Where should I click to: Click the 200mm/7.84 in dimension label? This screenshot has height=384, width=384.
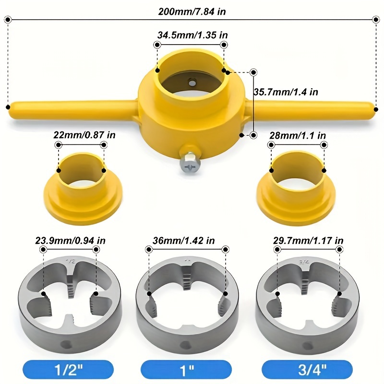[x=192, y=12]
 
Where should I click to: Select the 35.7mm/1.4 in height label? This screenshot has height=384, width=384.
[x=286, y=92]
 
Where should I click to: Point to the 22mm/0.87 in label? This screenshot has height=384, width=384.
[x=84, y=136]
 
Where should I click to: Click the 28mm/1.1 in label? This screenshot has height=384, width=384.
[x=298, y=136]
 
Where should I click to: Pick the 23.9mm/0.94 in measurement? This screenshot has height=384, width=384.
[x=71, y=240]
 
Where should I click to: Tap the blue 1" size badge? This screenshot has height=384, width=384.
[x=189, y=369]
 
